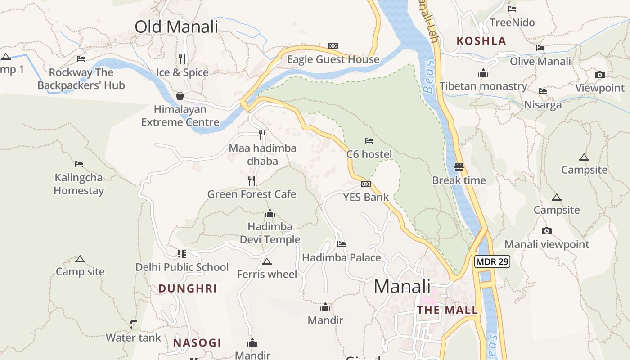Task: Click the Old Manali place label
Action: point(176,27)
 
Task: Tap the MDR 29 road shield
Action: point(492,261)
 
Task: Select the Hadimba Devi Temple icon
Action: point(270,213)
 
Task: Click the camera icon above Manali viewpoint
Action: point(547,231)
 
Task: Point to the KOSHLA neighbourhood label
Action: point(481,41)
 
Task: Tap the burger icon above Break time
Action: point(459,167)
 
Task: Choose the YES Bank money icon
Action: point(366,184)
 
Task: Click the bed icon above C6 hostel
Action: point(369,141)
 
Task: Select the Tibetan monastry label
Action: point(483,86)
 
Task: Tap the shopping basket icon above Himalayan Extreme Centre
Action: point(180,96)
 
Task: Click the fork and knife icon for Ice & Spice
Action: point(182,58)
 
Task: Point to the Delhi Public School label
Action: point(182,267)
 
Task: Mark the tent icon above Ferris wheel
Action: point(267,261)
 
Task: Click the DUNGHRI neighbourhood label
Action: point(188,288)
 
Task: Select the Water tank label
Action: point(133,337)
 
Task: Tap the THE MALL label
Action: point(447,310)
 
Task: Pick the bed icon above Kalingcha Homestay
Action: point(79,164)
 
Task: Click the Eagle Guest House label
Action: point(333,59)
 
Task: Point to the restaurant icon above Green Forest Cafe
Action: point(252,181)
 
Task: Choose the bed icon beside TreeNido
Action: point(512,9)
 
